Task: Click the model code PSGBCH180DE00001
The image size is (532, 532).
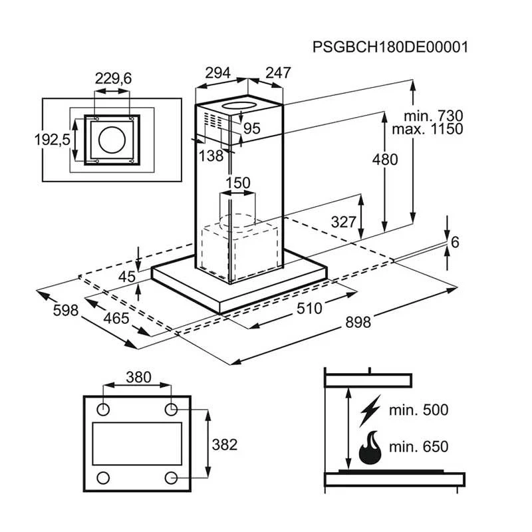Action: click(390, 47)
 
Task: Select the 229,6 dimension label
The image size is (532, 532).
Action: click(113, 78)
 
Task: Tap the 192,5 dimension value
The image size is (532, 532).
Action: click(53, 140)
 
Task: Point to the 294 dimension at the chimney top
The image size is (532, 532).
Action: click(218, 73)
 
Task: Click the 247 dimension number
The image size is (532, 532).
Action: click(278, 72)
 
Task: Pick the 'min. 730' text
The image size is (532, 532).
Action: click(434, 116)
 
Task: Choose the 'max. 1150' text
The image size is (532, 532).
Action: click(428, 129)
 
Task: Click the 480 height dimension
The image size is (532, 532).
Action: click(385, 160)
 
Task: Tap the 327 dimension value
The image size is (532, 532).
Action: click(344, 222)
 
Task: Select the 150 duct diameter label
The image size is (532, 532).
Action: click(238, 183)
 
